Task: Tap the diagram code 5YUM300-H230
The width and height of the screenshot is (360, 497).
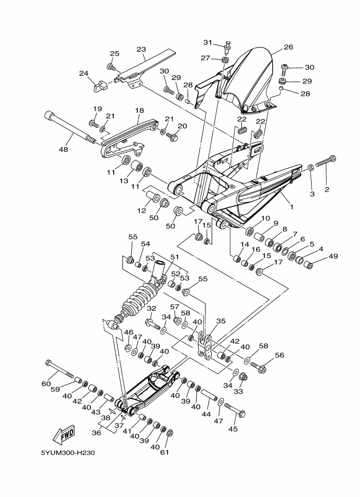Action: pyautogui.click(x=68, y=452)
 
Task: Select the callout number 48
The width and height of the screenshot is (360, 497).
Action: pyautogui.click(x=64, y=149)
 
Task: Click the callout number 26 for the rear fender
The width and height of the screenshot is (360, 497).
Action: pyautogui.click(x=288, y=47)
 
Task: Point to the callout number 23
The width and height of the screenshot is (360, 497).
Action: pyautogui.click(x=142, y=50)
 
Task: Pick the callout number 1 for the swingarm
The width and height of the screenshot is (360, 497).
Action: pyautogui.click(x=291, y=207)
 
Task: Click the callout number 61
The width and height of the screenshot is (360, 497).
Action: pyautogui.click(x=164, y=452)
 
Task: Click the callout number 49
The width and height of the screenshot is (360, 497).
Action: pyautogui.click(x=333, y=256)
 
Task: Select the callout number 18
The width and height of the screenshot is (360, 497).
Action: pyautogui.click(x=139, y=111)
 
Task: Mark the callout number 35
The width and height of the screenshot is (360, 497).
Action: pyautogui.click(x=221, y=321)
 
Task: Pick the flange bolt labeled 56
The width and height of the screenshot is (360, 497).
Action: pyautogui.click(x=259, y=367)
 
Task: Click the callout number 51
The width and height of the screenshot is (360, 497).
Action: pyautogui.click(x=175, y=257)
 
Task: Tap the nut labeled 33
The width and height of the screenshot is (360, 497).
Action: pyautogui.click(x=243, y=376)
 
